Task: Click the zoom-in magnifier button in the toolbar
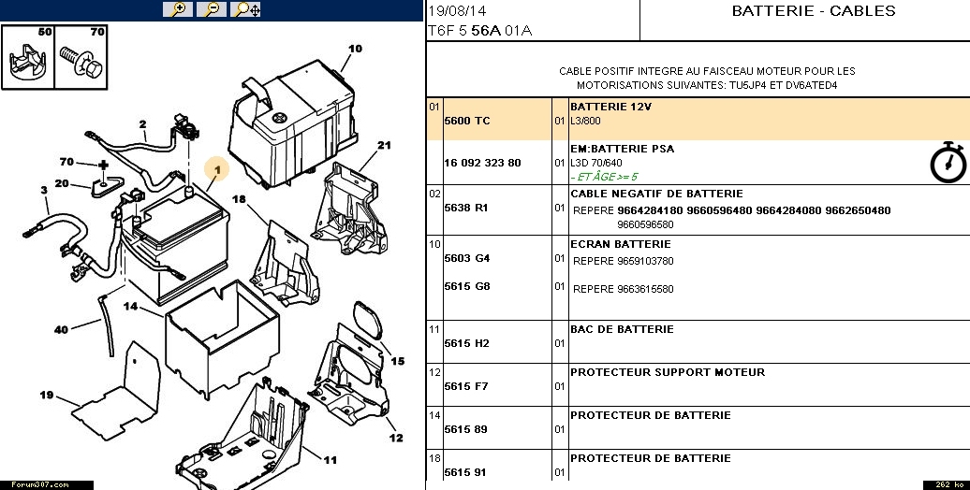tap(177, 9)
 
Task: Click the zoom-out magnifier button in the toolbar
tap(212, 9)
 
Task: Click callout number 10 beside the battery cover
tap(355, 49)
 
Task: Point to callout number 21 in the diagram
tap(383, 145)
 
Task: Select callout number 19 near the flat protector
tap(47, 396)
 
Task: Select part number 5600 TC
tap(466, 121)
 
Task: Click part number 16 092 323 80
tap(482, 163)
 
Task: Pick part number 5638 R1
tap(465, 208)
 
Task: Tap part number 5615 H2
tap(466, 343)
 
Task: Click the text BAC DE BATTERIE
tap(622, 329)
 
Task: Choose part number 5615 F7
tap(466, 386)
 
